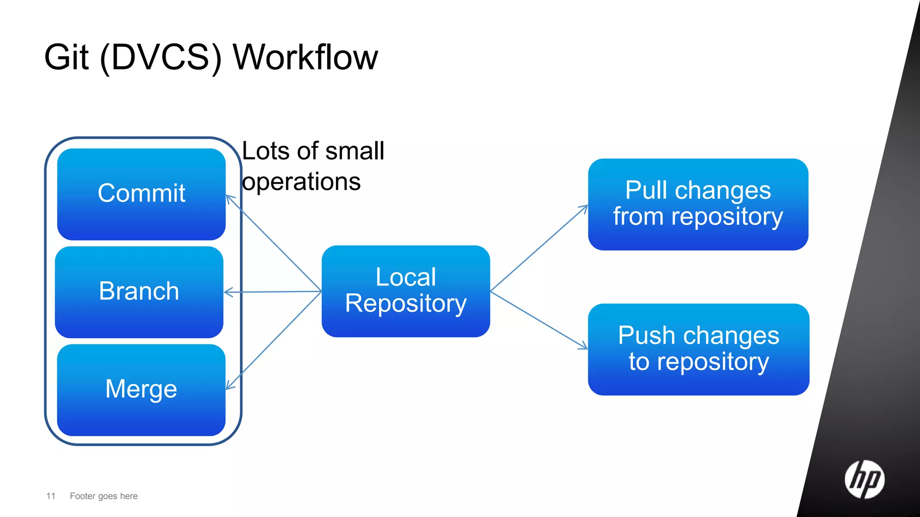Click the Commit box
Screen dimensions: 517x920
click(141, 194)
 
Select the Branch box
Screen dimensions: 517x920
click(139, 292)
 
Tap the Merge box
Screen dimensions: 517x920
click(141, 390)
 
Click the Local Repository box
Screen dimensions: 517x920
click(406, 291)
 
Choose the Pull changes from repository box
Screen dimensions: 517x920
click(698, 204)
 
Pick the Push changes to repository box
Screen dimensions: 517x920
click(698, 349)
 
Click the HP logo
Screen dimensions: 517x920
click(864, 479)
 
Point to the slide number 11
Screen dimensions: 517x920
click(51, 496)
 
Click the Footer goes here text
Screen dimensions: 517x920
click(104, 496)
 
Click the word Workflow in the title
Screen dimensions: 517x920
click(305, 57)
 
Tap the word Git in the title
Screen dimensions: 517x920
click(66, 57)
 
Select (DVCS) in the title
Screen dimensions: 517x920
click(161, 57)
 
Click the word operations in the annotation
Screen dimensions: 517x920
click(301, 182)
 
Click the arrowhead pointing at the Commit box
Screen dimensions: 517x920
click(229, 198)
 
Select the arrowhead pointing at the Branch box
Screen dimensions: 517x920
click(227, 292)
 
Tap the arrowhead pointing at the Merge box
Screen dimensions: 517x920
click(229, 386)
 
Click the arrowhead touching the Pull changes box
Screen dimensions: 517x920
click(584, 208)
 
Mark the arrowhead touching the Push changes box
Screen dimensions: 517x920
click(584, 346)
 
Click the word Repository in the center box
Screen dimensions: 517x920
click(406, 304)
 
